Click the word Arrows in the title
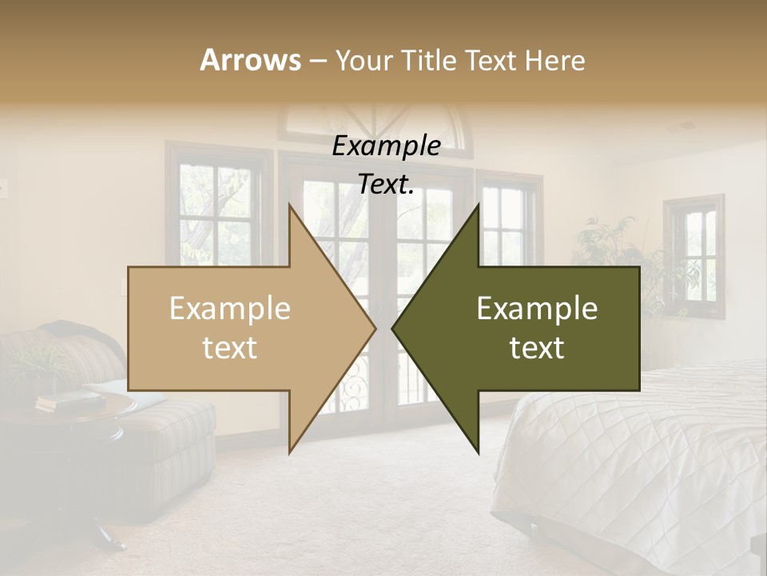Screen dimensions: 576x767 pyautogui.click(x=250, y=60)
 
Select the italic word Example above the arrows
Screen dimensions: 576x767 pyautogui.click(x=386, y=146)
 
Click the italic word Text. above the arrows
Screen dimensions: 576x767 pyautogui.click(x=386, y=185)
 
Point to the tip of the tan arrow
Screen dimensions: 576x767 pyautogui.click(x=374, y=327)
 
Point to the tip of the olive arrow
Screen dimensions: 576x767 pyautogui.click(x=394, y=327)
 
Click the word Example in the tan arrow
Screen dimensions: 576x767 pyautogui.click(x=230, y=309)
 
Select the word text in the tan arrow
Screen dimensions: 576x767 pyautogui.click(x=230, y=348)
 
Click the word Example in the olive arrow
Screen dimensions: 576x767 pyautogui.click(x=537, y=309)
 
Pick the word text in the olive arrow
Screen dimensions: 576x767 pyautogui.click(x=537, y=348)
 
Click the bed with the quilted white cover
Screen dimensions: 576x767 pyautogui.click(x=639, y=456)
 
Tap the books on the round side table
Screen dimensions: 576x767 pyautogui.click(x=68, y=401)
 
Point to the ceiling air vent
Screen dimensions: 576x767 pyautogui.click(x=686, y=126)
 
